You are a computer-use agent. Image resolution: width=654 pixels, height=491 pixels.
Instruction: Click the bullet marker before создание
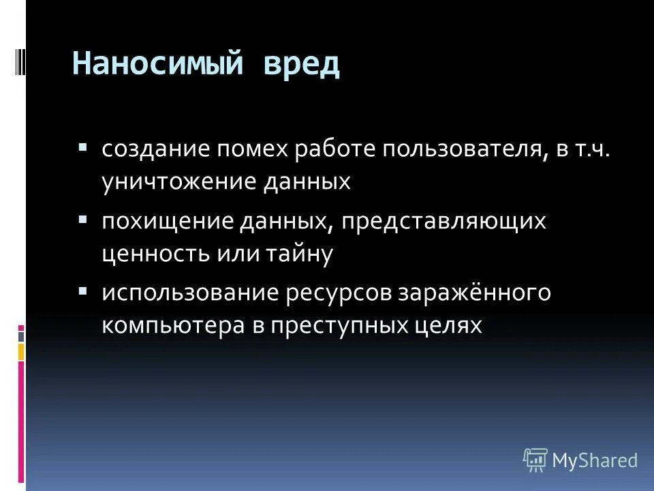(x=82, y=146)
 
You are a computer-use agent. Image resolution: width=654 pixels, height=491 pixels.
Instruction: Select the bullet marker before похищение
(x=82, y=220)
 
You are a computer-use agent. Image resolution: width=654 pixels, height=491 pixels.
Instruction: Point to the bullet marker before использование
(x=82, y=291)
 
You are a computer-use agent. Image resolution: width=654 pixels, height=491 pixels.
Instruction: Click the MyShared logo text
(x=594, y=460)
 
